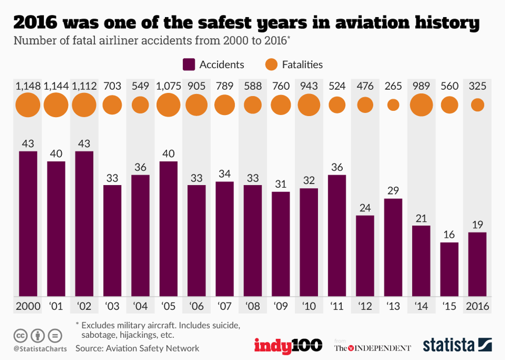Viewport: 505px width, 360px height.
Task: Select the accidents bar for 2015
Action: click(449, 269)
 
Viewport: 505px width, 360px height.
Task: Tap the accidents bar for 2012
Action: click(365, 255)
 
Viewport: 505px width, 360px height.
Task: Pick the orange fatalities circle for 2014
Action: click(421, 105)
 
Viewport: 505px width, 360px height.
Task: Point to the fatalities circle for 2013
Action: click(393, 105)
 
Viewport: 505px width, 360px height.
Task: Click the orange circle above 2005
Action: click(169, 105)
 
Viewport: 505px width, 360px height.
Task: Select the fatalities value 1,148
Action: click(28, 86)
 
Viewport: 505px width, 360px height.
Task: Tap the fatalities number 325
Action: click(478, 86)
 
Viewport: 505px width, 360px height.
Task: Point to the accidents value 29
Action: click(393, 190)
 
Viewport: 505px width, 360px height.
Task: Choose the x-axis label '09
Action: click(281, 306)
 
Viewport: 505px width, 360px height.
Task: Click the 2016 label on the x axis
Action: click(478, 306)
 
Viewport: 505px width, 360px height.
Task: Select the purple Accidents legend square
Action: click(189, 64)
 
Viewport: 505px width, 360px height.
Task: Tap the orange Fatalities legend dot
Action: click(271, 64)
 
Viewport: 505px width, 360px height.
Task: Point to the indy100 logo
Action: click(288, 345)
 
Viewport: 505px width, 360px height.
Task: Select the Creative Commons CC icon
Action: click(21, 335)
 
